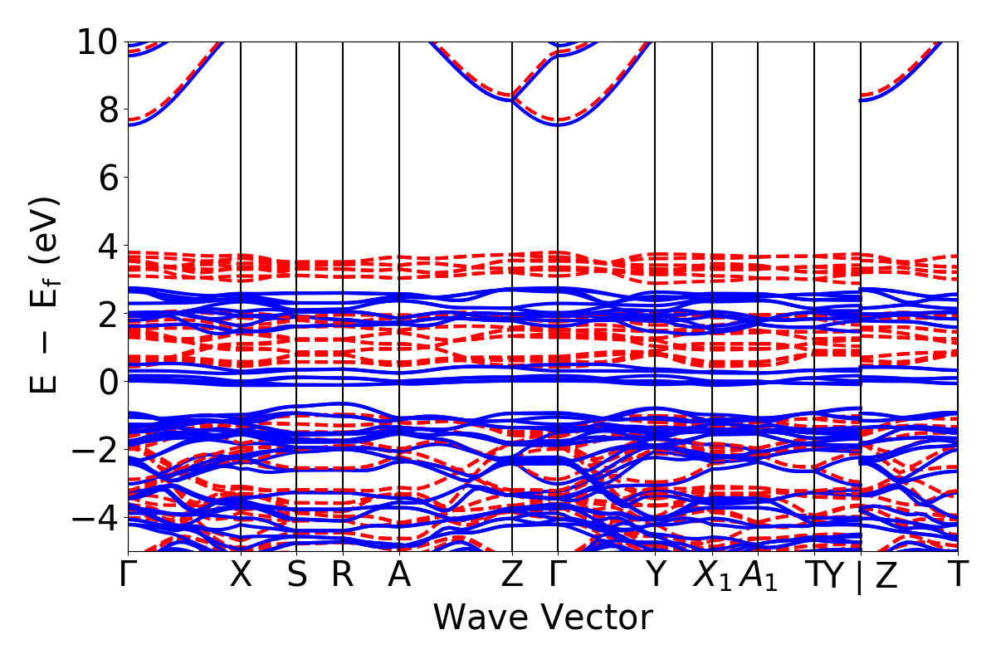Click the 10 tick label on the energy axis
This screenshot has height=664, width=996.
[98, 41]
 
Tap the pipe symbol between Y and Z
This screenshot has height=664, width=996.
[860, 578]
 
